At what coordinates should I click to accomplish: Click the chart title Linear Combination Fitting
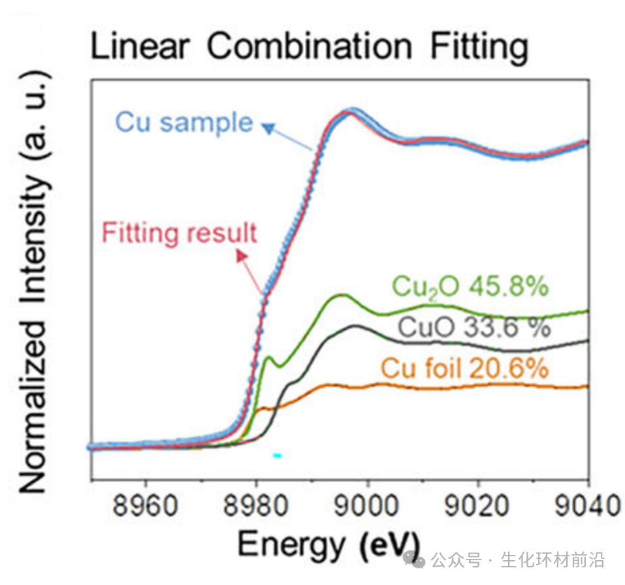308,47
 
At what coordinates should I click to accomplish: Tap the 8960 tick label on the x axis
146,507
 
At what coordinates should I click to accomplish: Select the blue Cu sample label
184,122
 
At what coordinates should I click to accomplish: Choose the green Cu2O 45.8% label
470,286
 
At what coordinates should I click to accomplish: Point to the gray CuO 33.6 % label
474,327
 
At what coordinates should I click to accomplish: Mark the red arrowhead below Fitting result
242,257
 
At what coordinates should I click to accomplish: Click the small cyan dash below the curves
277,455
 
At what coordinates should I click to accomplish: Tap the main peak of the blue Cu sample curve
353,110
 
